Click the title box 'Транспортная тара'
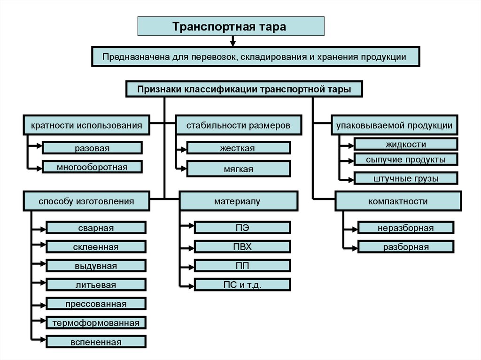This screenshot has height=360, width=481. (x=231, y=26)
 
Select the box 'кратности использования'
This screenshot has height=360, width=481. (x=86, y=125)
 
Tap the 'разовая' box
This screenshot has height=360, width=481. (x=92, y=148)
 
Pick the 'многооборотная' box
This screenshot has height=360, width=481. (x=92, y=167)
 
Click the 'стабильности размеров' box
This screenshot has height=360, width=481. (x=238, y=125)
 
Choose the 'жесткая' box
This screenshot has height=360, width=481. (x=238, y=148)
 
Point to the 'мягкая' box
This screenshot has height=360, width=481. (x=238, y=169)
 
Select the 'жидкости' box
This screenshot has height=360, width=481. (x=406, y=144)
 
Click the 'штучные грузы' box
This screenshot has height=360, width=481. (x=406, y=178)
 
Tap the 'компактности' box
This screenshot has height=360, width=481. (x=398, y=201)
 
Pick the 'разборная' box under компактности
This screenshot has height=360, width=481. (x=406, y=247)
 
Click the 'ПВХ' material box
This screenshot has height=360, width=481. (x=242, y=246)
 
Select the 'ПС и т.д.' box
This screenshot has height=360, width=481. (x=242, y=284)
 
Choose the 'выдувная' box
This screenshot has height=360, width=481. (x=96, y=266)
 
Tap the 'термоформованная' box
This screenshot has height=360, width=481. (x=96, y=322)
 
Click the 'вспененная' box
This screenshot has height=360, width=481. (x=96, y=342)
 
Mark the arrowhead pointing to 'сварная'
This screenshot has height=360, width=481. (x=43, y=229)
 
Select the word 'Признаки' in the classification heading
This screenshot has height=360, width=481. (x=159, y=89)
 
